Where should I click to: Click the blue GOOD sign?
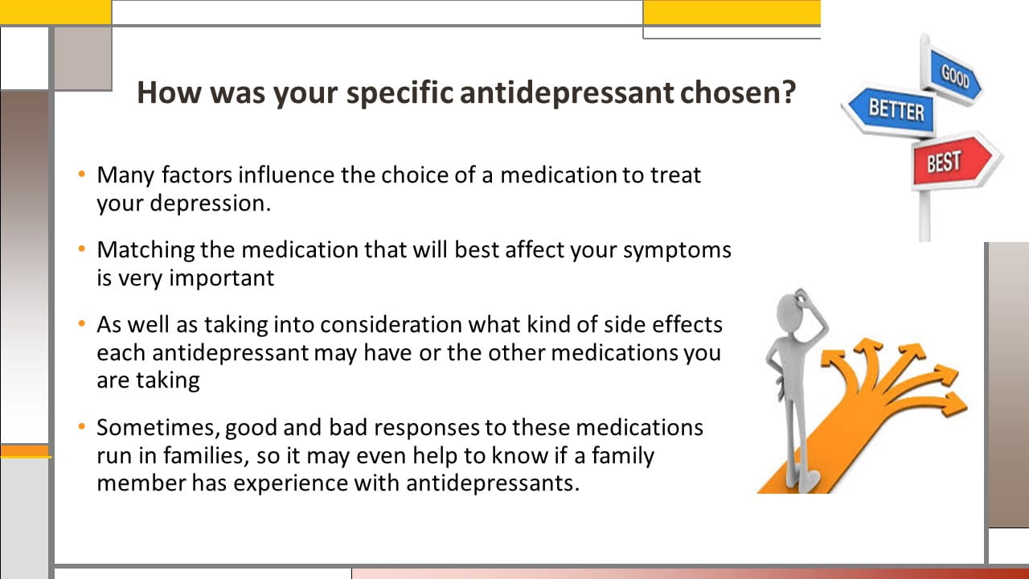click(954, 76)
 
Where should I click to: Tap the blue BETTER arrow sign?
click(890, 111)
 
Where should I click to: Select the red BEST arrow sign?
click(953, 161)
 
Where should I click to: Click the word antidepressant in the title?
click(567, 92)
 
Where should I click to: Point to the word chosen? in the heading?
click(738, 92)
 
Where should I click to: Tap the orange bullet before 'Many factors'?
click(82, 175)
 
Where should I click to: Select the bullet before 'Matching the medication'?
click(82, 249)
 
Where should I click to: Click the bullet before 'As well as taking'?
click(82, 324)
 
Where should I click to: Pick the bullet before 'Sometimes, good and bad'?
click(82, 427)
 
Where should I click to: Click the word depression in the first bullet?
click(211, 204)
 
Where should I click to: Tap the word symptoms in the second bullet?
click(677, 251)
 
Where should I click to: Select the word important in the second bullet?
click(222, 279)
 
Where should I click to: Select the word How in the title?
click(169, 92)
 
